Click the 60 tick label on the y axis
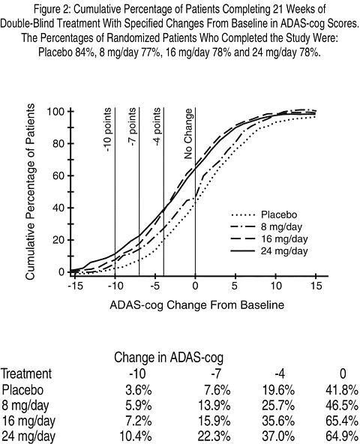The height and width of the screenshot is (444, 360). click(x=59, y=175)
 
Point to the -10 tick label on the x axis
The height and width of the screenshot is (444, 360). click(x=115, y=286)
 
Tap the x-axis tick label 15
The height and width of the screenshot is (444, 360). click(x=316, y=286)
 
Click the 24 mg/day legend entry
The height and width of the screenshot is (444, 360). click(x=269, y=251)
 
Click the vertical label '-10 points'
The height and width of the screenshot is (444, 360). click(x=108, y=130)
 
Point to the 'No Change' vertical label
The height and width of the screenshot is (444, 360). click(x=188, y=134)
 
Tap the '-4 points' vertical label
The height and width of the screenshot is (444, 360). click(x=157, y=127)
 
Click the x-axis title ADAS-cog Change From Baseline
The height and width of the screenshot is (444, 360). click(x=196, y=305)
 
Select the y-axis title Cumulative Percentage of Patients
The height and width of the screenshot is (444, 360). click(x=30, y=192)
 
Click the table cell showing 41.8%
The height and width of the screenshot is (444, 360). click(x=342, y=391)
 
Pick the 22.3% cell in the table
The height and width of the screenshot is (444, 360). click(x=214, y=436)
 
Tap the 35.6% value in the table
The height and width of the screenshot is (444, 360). click(x=278, y=421)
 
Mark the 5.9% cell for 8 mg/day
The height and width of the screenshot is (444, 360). click(x=139, y=406)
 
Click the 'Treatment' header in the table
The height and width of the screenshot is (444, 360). click(x=26, y=373)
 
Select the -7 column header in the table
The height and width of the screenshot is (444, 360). click(x=215, y=374)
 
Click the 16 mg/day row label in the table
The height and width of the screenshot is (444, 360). click(x=28, y=421)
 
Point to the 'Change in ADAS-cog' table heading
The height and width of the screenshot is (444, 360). click(x=169, y=358)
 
